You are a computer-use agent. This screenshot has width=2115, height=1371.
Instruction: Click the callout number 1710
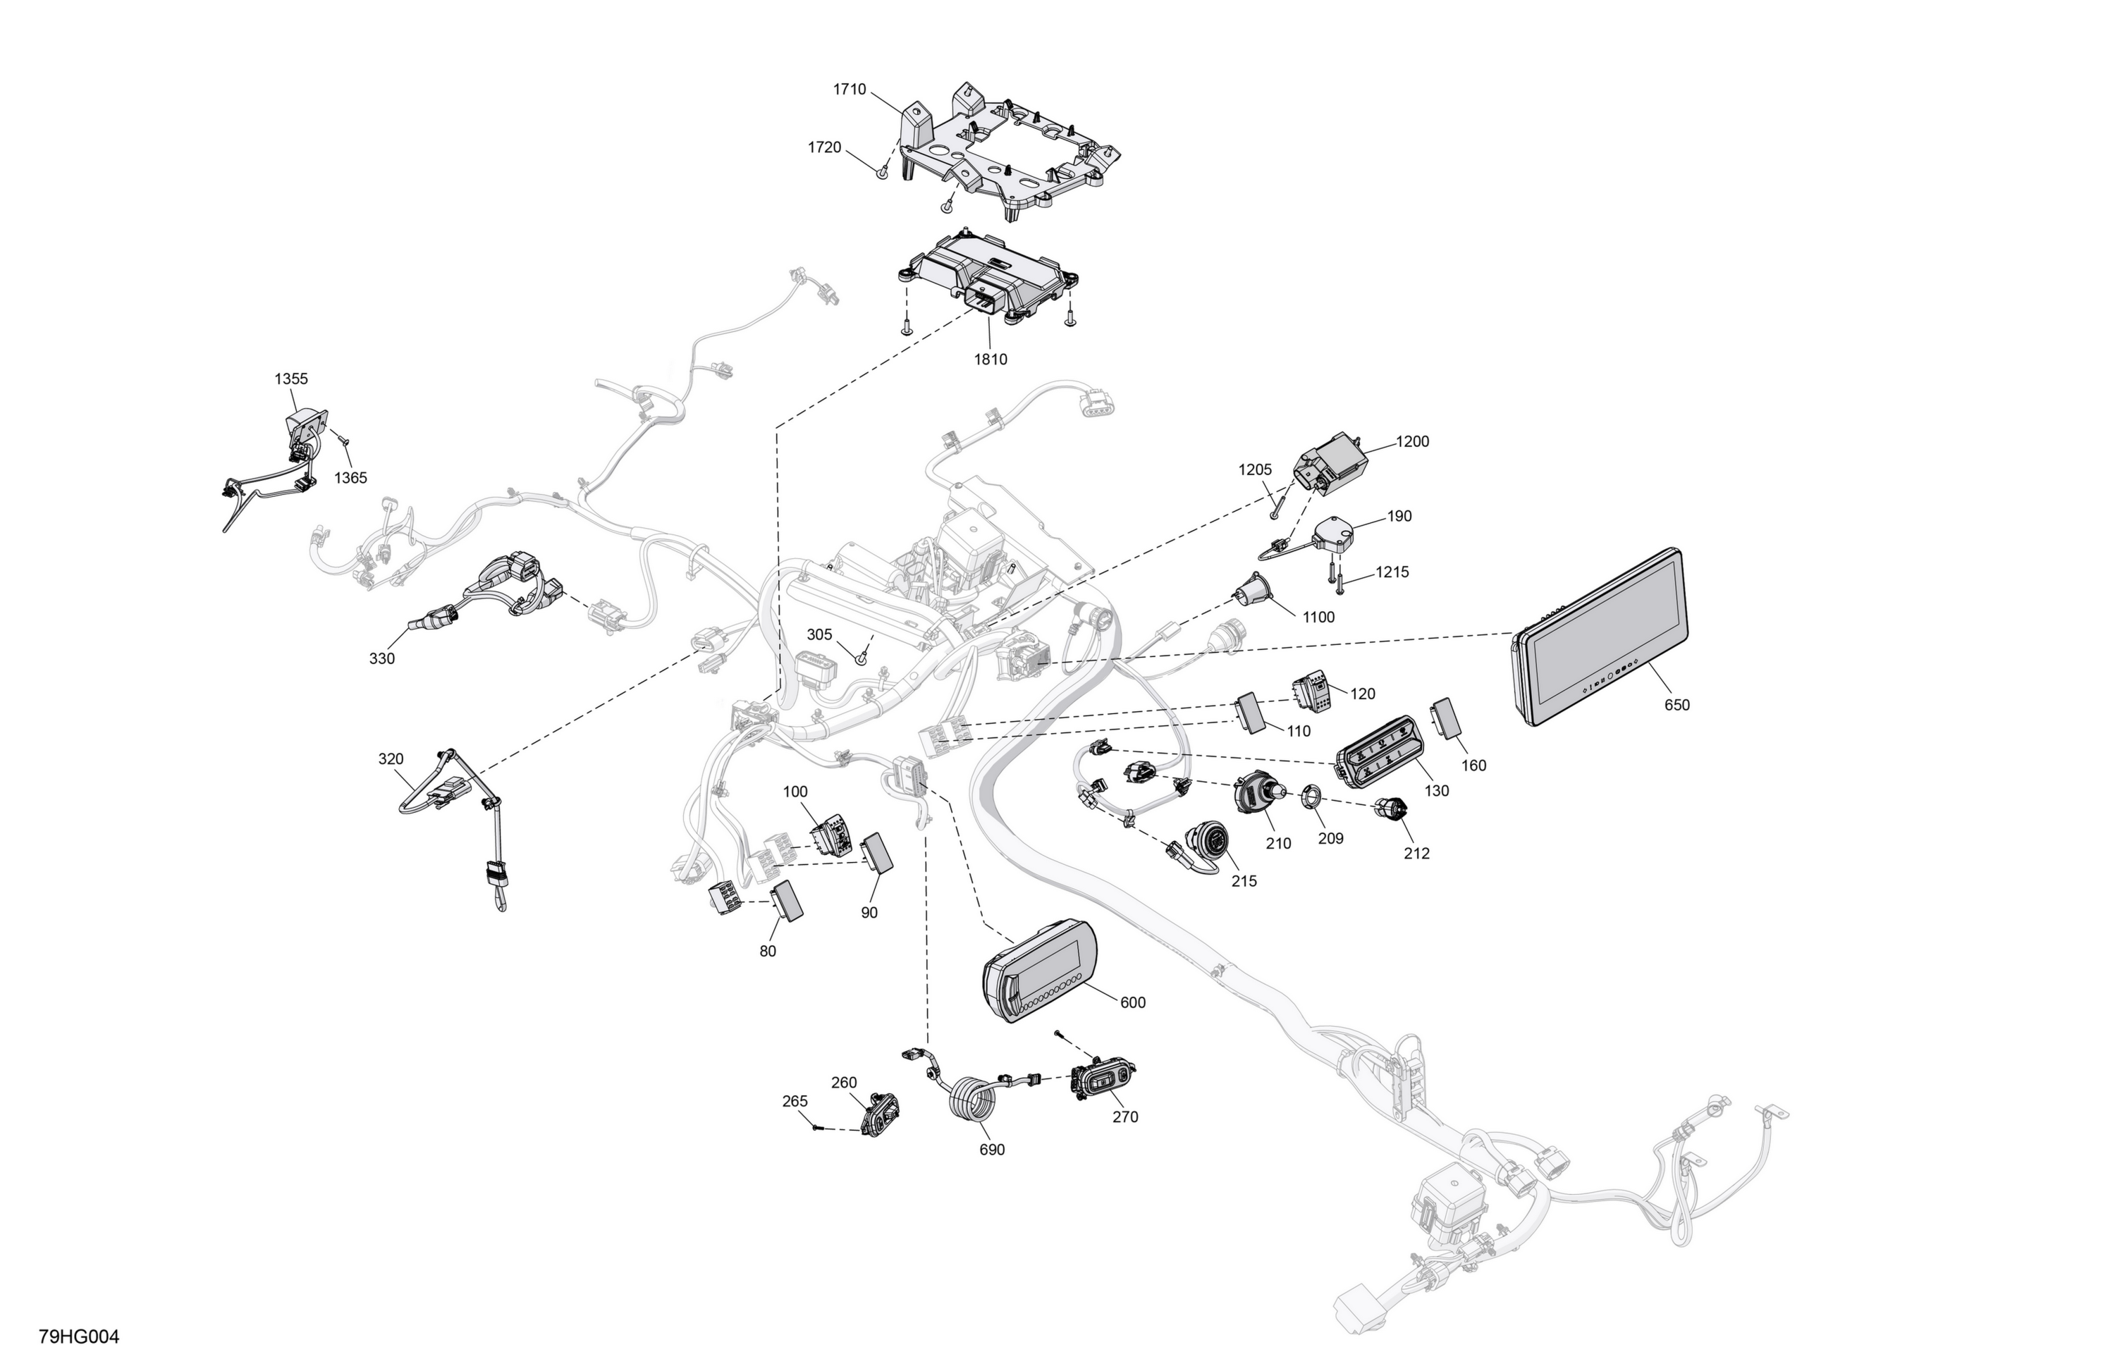[850, 90]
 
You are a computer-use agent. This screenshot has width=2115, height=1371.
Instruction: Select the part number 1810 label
[991, 360]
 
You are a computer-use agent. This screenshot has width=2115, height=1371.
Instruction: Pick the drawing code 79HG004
[79, 1336]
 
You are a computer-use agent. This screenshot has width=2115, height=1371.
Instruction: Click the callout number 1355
[290, 379]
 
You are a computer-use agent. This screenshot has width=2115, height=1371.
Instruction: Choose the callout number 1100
[1318, 617]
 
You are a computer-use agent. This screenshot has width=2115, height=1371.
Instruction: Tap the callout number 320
[391, 758]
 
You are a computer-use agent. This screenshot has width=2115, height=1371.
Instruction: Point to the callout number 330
[382, 658]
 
